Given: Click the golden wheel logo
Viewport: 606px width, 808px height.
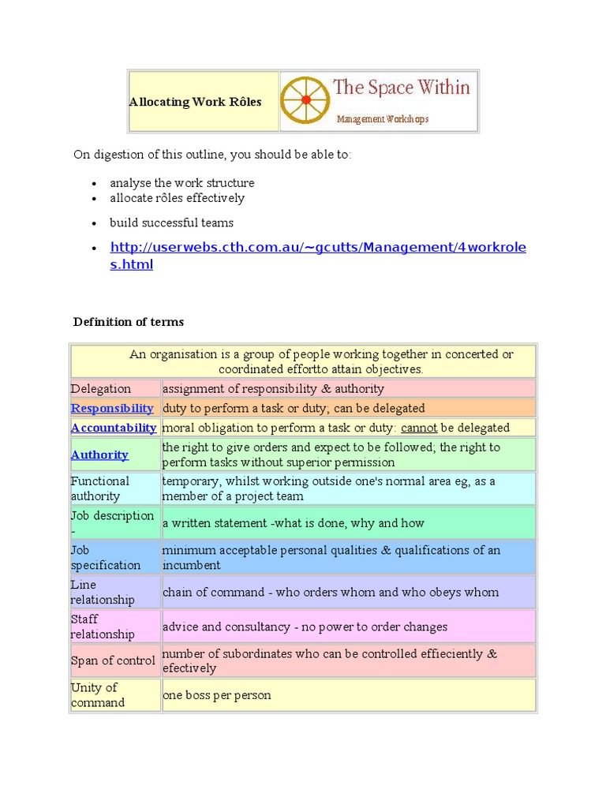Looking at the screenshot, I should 305,100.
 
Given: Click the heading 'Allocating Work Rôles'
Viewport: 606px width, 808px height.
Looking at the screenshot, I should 195,102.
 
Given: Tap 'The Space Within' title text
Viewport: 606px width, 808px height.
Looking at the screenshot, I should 401,88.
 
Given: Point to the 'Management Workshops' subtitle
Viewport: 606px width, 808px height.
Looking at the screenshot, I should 383,119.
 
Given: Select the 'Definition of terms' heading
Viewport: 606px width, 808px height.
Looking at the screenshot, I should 129,321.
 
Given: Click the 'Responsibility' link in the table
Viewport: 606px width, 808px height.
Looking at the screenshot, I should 112,408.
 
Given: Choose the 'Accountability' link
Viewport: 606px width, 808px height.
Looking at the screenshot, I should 114,428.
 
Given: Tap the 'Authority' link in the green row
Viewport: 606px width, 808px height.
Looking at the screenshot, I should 99,454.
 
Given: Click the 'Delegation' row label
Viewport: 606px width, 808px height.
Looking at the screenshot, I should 101,388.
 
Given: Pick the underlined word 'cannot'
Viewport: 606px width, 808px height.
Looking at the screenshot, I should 419,428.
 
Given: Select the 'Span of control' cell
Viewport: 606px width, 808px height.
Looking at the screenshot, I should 113,660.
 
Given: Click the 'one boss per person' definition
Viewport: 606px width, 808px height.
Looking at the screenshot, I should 217,695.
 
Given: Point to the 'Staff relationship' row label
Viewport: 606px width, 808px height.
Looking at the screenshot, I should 103,627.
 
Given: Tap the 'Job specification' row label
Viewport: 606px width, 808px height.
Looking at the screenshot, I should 106,558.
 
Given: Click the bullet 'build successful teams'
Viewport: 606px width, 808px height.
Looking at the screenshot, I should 171,223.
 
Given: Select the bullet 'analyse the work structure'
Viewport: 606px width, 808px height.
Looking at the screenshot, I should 181,183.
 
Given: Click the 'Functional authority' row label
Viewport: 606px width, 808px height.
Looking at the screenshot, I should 100,488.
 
